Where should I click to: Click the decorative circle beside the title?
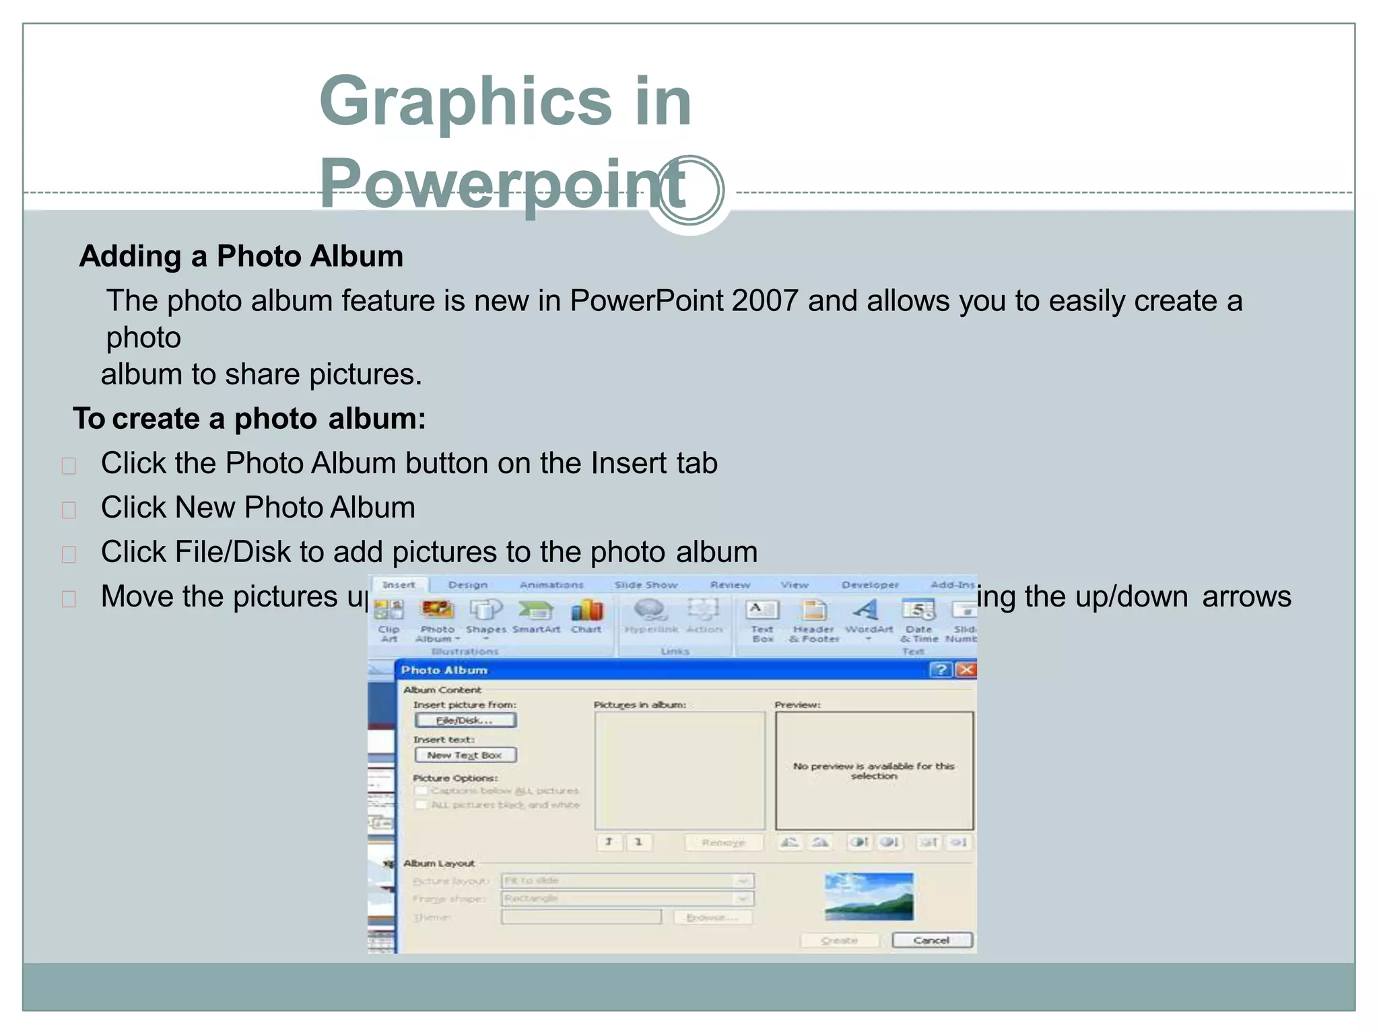pyautogui.click(x=689, y=191)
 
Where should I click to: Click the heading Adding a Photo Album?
pyautogui.click(x=241, y=256)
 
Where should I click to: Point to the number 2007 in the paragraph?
pyautogui.click(x=765, y=301)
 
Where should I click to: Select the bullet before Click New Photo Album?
pyautogui.click(x=69, y=510)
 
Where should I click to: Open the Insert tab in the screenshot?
pyautogui.click(x=399, y=585)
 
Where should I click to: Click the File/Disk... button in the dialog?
pyautogui.click(x=465, y=720)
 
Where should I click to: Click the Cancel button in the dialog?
pyautogui.click(x=932, y=940)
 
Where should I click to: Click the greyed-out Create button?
pyautogui.click(x=840, y=940)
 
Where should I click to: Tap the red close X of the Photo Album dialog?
pyautogui.click(x=966, y=670)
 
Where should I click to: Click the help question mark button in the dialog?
pyautogui.click(x=941, y=670)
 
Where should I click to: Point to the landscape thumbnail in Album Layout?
pyautogui.click(x=869, y=897)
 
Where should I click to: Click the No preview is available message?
pyautogui.click(x=873, y=771)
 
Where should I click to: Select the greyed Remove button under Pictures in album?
pyautogui.click(x=723, y=843)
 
